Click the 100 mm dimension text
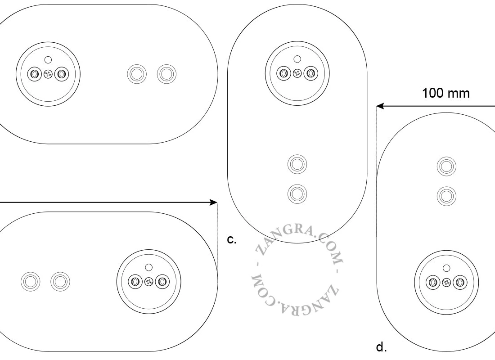tap(446, 93)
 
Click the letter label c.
tap(231, 240)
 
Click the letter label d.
tap(381, 347)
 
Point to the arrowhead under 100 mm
tap(380, 106)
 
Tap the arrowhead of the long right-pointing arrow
tap(214, 202)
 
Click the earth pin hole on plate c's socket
tap(297, 59)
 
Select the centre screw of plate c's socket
tap(297, 74)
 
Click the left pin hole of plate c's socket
tap(283, 74)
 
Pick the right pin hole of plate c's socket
tap(311, 74)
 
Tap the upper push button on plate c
tap(297, 164)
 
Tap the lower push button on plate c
tap(297, 193)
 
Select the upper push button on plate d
tap(446, 166)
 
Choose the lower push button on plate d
tap(446, 196)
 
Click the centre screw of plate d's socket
tap(446, 282)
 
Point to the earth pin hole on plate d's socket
tap(446, 268)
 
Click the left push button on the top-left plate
tap(137, 74)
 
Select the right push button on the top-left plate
tap(166, 74)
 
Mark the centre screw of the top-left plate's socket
tap(48, 74)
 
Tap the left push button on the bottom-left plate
tap(30, 281)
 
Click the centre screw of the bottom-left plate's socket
tap(148, 281)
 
